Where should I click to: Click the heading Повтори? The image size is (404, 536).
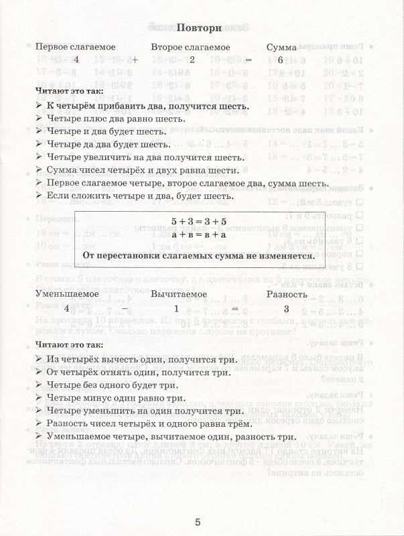(198, 28)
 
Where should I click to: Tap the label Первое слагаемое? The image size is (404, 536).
(75, 48)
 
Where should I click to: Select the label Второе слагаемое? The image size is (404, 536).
(190, 48)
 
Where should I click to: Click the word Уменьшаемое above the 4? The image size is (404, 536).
(67, 294)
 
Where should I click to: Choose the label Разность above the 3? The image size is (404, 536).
(287, 294)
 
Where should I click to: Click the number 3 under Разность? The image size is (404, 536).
(286, 309)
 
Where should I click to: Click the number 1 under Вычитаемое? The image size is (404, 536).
(176, 309)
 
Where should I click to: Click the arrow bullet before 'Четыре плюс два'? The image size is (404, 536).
(40, 119)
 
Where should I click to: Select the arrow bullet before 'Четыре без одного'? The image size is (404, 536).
(40, 385)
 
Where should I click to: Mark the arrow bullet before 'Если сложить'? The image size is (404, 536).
(40, 196)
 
